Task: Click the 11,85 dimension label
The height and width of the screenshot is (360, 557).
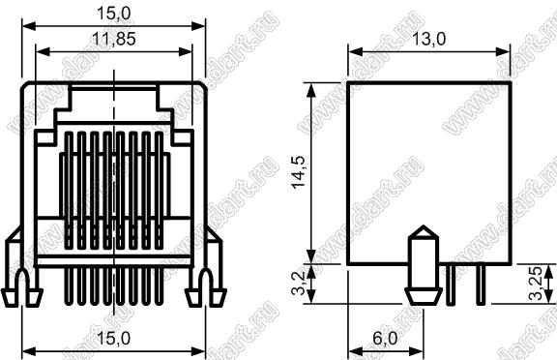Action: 114,39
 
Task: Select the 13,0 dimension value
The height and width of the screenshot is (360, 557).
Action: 428,39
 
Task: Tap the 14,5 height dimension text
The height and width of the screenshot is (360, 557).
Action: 298,171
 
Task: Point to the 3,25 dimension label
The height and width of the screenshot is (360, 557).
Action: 536,284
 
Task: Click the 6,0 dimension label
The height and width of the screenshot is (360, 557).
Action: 386,338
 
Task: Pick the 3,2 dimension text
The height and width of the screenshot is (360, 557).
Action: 298,284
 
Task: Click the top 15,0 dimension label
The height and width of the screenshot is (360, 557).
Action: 114,14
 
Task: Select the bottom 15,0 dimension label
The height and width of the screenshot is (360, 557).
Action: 114,338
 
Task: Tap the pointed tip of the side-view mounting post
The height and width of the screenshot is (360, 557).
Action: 424,225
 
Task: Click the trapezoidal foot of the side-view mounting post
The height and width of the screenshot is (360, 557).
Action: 424,297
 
